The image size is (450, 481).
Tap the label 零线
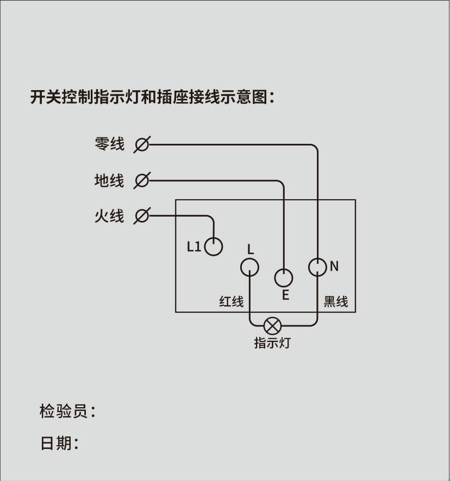coord(109,144)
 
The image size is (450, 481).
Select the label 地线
coord(109,180)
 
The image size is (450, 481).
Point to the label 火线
coord(109,216)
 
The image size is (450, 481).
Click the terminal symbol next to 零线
coord(141,144)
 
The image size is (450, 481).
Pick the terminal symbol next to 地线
coord(141,180)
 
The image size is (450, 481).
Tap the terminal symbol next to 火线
coord(141,216)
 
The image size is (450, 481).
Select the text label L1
coord(194,247)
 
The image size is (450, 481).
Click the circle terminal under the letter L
coord(249,267)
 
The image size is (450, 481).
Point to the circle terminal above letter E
coord(283,278)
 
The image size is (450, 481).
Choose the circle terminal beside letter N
coord(317,267)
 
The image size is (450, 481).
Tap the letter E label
coord(285,295)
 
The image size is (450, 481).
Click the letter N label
coord(334,266)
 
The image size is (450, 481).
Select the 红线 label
coord(232,301)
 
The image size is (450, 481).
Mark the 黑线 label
coord(335,301)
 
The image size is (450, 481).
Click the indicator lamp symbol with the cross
coord(272,326)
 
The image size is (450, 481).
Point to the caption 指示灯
coord(272,343)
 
